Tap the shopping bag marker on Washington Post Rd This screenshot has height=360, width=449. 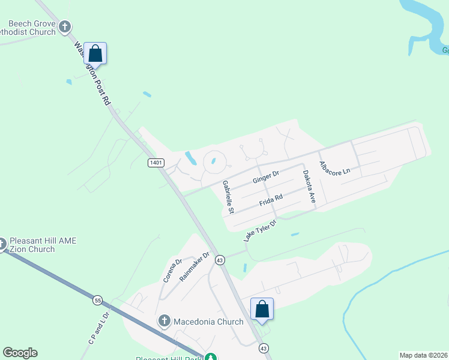coord(95,53)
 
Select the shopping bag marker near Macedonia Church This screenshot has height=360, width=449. coord(262,309)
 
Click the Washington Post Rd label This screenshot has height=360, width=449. coord(93,74)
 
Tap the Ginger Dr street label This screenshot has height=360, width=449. coord(266,178)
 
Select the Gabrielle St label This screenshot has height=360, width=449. coord(228,197)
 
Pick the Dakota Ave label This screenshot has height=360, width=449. coord(309,187)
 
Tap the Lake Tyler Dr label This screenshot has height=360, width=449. coord(260,231)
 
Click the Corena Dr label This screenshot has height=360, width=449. coord(172,271)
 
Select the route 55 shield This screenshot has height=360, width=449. coord(97,299)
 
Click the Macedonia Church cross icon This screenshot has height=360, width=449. coord(164,322)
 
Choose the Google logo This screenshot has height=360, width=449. coord(20,353)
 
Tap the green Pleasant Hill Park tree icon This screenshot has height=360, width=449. coord(210,357)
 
